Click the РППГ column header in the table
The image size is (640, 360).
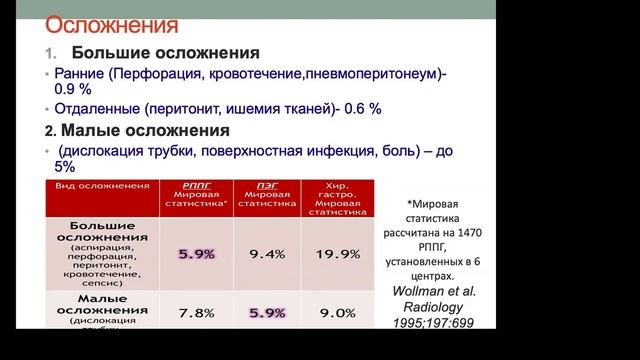[196, 185]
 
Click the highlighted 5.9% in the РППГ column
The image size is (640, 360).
[196, 254]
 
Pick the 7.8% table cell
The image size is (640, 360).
[196, 312]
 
